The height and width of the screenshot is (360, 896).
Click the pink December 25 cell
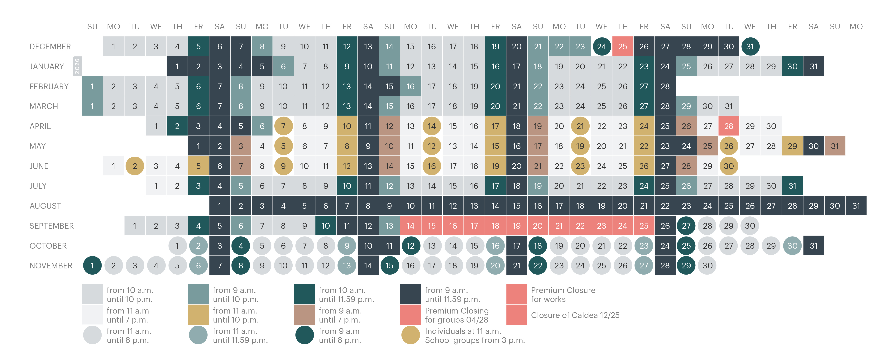point(623,46)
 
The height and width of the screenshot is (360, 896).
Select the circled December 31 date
point(750,46)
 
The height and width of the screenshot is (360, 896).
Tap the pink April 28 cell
point(729,126)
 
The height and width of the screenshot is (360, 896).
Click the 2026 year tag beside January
point(77,66)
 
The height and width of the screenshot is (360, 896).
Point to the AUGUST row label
point(45,206)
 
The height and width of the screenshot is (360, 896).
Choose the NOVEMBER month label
point(51,266)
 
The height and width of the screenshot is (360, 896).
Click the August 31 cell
point(856,206)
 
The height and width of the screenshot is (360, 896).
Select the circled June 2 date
point(135,166)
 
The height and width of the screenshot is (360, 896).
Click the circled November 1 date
point(92,265)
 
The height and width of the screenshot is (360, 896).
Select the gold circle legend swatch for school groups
point(410,335)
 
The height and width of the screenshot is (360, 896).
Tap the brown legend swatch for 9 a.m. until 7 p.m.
point(304,315)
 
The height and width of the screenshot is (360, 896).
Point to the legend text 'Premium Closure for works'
point(563,295)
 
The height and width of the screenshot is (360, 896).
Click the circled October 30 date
point(792,246)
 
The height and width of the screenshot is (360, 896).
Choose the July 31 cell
point(792,186)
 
